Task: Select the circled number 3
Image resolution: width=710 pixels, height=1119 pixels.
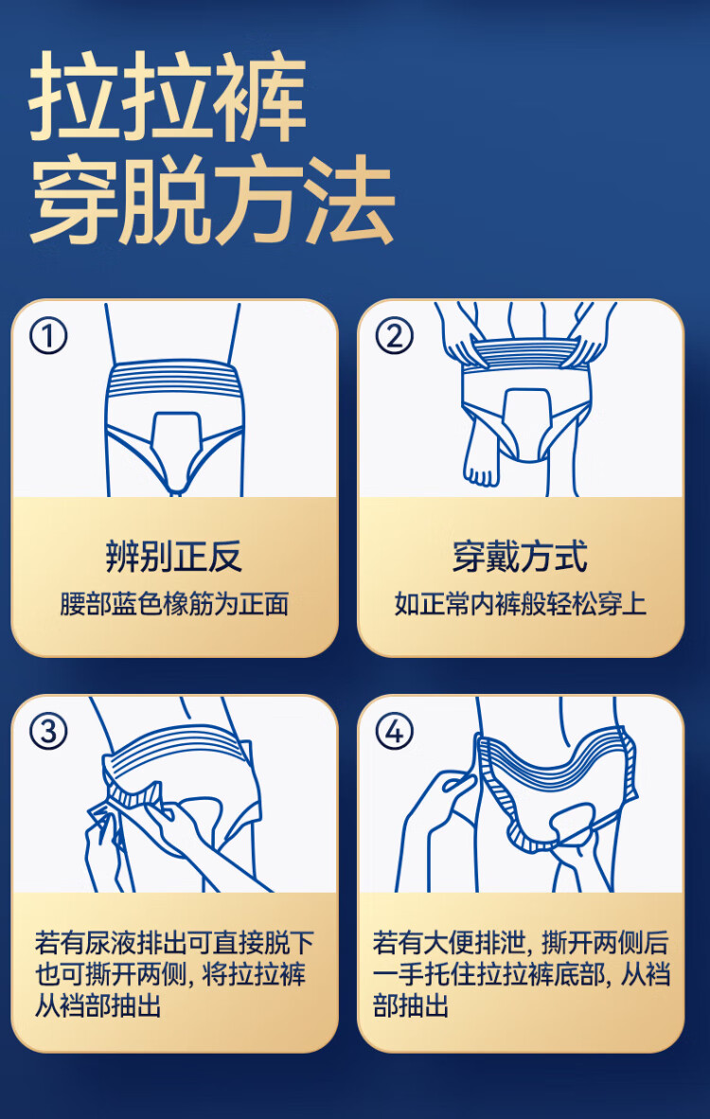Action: point(48,731)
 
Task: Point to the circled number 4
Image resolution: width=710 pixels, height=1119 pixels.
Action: point(394,731)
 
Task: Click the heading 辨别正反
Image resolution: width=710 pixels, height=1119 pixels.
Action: point(174,556)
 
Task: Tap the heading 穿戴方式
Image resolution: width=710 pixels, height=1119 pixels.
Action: point(520,556)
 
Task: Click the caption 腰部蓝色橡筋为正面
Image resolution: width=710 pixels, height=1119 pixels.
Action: point(174,604)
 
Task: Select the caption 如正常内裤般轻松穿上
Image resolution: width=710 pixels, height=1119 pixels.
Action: point(520,604)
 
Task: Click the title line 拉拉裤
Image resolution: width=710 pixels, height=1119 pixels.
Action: point(168,98)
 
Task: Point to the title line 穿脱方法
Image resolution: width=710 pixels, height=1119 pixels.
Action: point(212,201)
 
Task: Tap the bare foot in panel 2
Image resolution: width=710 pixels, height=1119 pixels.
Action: point(480,457)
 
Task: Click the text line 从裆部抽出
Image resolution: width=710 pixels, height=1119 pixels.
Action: point(98,1006)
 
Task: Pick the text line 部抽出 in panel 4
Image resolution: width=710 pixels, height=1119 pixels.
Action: point(411,1006)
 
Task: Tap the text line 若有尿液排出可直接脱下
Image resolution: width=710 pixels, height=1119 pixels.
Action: point(174,944)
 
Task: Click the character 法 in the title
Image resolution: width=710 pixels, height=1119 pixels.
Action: point(351,201)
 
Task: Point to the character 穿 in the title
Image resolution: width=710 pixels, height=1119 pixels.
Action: point(72,201)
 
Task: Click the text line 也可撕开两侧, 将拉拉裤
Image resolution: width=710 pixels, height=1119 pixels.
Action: point(170,975)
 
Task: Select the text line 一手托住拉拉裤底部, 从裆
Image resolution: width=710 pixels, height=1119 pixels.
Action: point(522,975)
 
